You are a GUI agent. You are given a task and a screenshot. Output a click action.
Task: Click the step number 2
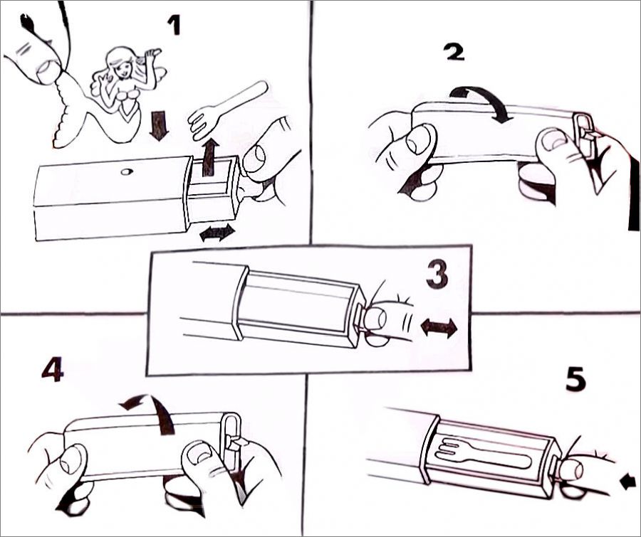pyautogui.click(x=454, y=52)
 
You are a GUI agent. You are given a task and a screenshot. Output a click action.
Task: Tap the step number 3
pyautogui.click(x=437, y=274)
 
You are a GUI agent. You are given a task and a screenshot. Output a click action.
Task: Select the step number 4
pyautogui.click(x=53, y=369)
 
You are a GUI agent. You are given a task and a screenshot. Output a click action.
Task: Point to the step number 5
pyautogui.click(x=576, y=378)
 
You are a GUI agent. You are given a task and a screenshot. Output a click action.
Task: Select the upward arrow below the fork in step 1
pyautogui.click(x=209, y=156)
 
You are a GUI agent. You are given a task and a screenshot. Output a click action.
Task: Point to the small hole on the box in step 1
pyautogui.click(x=127, y=172)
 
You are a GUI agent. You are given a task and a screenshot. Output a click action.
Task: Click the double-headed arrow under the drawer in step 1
pyautogui.click(x=217, y=233)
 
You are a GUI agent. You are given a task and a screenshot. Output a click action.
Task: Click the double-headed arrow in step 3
pyautogui.click(x=439, y=328)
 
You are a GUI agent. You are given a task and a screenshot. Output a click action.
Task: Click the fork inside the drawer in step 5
pyautogui.click(x=482, y=455)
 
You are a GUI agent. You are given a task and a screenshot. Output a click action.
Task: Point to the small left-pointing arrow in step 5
pyautogui.click(x=629, y=483)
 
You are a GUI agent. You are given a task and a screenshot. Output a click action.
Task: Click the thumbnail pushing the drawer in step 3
pyautogui.click(x=375, y=319)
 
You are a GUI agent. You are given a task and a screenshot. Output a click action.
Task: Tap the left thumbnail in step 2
pyautogui.click(x=417, y=139)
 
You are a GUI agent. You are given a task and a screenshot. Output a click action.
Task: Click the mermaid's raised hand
pyautogui.click(x=153, y=53)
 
